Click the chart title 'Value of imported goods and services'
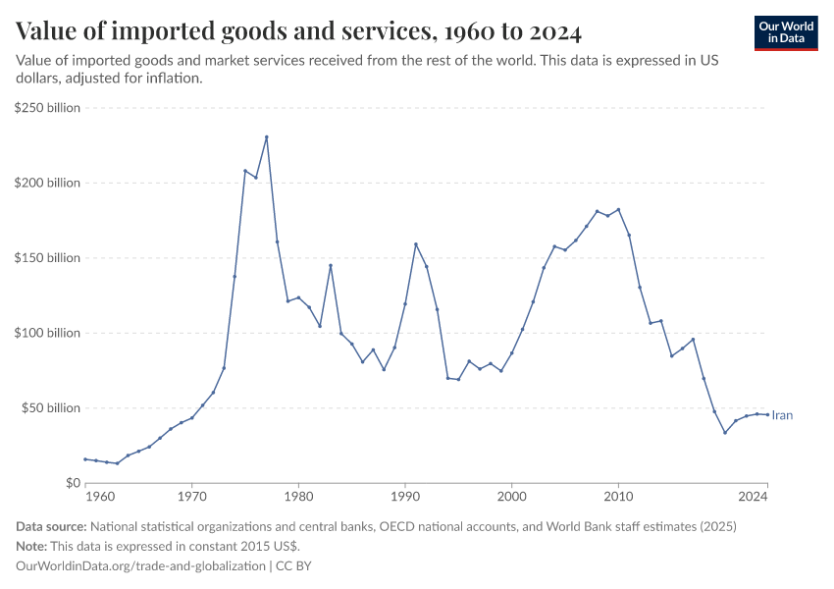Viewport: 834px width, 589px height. click(299, 32)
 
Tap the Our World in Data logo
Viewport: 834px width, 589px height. click(786, 32)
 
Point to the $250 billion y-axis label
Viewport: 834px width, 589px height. click(48, 108)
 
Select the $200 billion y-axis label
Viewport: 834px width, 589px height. click(48, 184)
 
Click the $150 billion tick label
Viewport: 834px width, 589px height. click(48, 258)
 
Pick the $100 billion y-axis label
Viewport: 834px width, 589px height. click(48, 333)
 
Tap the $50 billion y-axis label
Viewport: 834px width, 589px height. click(51, 408)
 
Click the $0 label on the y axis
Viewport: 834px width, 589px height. click(73, 483)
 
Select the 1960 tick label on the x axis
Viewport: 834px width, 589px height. click(85, 498)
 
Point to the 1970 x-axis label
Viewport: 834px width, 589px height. click(191, 498)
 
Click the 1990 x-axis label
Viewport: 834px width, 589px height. click(404, 498)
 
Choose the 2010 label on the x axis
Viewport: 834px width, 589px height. click(618, 498)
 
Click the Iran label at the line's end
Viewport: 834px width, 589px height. click(782, 415)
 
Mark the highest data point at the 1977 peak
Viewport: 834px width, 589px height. click(267, 137)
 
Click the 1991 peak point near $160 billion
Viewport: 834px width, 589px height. click(416, 244)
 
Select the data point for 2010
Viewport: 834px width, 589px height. click(618, 209)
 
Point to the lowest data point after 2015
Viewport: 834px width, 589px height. click(725, 433)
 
